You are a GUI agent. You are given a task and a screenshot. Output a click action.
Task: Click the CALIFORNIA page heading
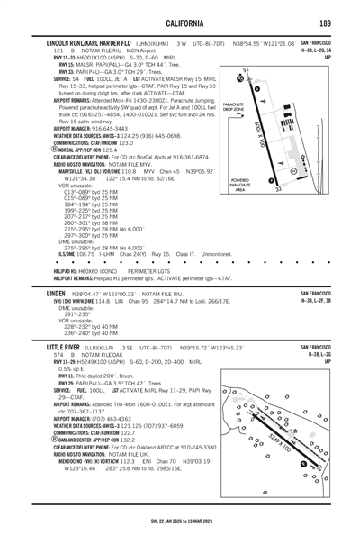[179, 23]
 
